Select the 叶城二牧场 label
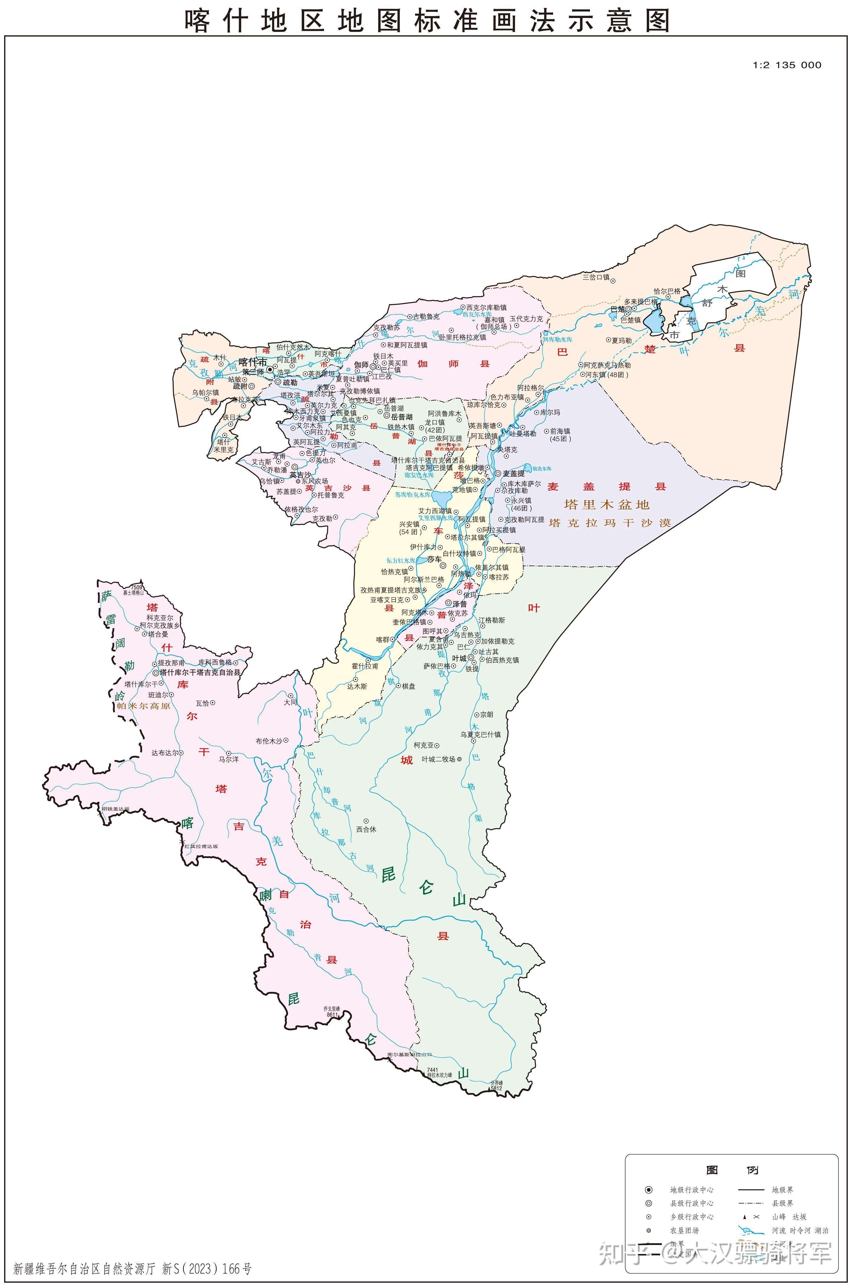pos(438,759)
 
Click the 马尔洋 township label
pos(228,759)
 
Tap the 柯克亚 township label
pos(424,745)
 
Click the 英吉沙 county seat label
pos(300,475)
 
